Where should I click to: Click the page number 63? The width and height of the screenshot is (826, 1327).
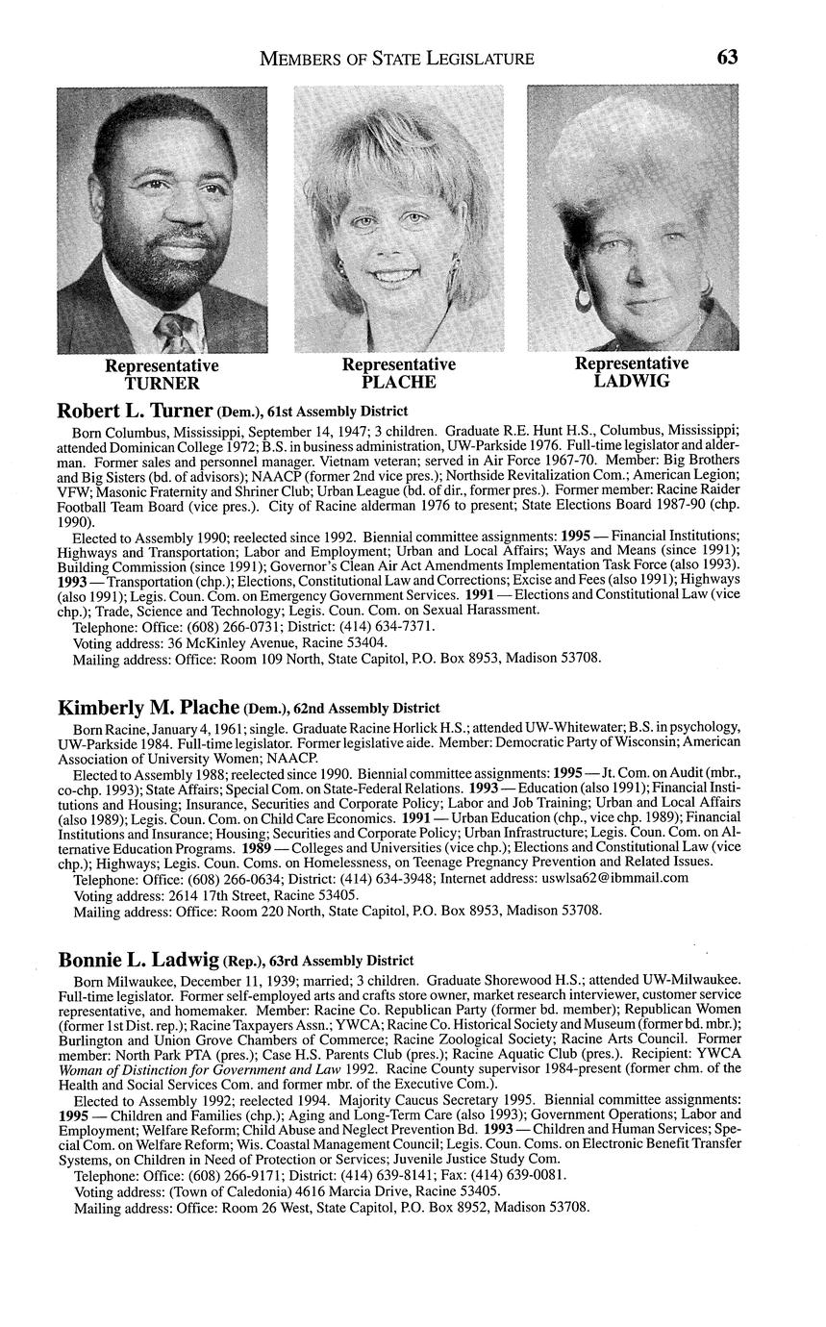727,57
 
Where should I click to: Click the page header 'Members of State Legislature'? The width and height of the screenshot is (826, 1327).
397,59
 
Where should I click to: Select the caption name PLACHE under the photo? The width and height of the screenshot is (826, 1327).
399,383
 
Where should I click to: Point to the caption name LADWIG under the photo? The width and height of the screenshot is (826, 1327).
632,381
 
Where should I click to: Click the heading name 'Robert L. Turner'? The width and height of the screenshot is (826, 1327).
135,411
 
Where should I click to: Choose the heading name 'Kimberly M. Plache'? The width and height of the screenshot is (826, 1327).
148,708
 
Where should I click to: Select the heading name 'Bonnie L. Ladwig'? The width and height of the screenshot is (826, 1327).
138,959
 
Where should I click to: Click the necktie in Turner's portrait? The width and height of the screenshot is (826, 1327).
175,336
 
